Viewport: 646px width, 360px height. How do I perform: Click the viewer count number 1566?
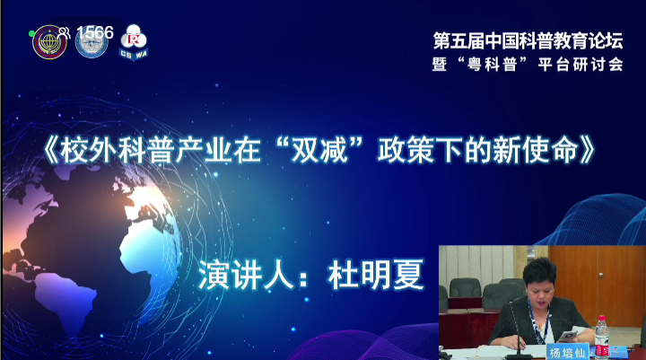pos(95,32)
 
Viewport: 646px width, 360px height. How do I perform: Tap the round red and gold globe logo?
pos(50,42)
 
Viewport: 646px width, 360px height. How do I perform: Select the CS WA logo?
pos(134,42)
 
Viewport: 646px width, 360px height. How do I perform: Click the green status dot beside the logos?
pos(31,33)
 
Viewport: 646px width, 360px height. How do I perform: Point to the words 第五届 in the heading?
pos(458,40)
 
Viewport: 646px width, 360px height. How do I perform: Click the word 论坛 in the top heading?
pos(606,40)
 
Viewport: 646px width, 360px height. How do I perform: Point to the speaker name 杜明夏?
pos(375,275)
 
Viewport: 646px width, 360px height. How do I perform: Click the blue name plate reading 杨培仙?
pos(568,352)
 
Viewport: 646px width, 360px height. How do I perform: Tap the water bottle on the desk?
pos(602,337)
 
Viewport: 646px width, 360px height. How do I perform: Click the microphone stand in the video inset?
pos(515,330)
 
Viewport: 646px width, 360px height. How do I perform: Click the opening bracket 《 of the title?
pos(50,150)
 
